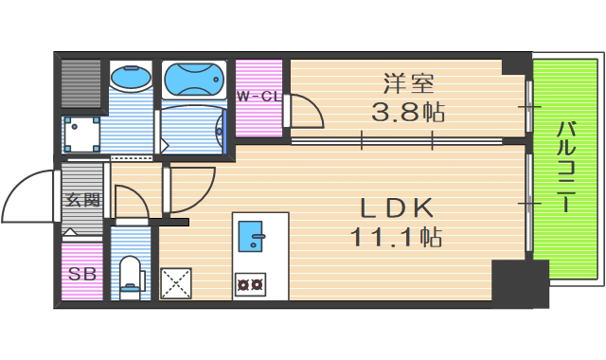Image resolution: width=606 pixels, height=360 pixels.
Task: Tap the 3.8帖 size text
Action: tap(407, 113)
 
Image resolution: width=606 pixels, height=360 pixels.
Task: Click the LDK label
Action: tap(396, 207)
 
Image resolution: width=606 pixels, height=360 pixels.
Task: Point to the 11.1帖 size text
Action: tap(396, 237)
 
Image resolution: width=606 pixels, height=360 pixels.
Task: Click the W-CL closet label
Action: tap(258, 97)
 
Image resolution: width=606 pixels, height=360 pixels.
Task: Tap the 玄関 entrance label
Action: tap(81, 200)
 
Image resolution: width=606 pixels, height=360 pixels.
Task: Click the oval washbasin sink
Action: tap(129, 78)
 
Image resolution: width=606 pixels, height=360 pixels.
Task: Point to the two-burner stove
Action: tap(251, 282)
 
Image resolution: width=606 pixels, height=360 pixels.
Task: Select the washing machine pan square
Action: tap(82, 134)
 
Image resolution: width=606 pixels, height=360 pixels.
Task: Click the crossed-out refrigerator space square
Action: tap(176, 282)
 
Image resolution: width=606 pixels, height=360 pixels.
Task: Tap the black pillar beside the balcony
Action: tap(519, 281)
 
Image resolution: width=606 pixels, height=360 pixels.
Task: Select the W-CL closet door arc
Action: tap(305, 112)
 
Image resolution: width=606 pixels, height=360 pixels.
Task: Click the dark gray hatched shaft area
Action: tap(81, 85)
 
